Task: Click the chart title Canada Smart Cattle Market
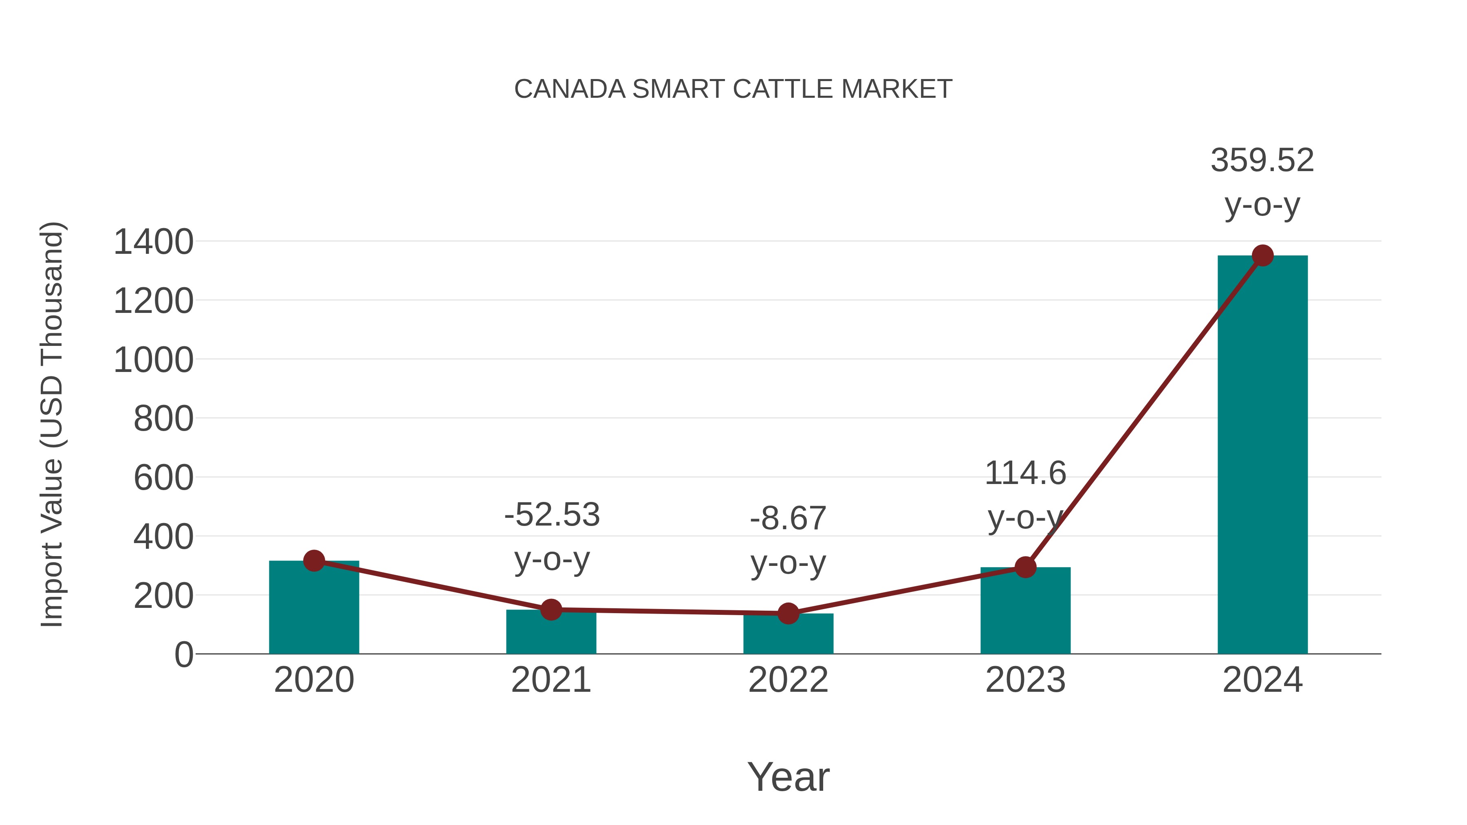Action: (x=733, y=89)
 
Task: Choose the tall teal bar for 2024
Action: (x=1262, y=455)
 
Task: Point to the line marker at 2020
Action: (x=314, y=561)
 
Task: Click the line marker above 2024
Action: (x=1262, y=255)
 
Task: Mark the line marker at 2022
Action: (x=788, y=613)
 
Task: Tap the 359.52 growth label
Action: (x=1262, y=160)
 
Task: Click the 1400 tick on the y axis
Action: (x=153, y=242)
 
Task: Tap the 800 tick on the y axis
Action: (x=163, y=419)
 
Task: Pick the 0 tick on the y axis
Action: (x=183, y=655)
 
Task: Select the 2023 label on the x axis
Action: (x=1025, y=680)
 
